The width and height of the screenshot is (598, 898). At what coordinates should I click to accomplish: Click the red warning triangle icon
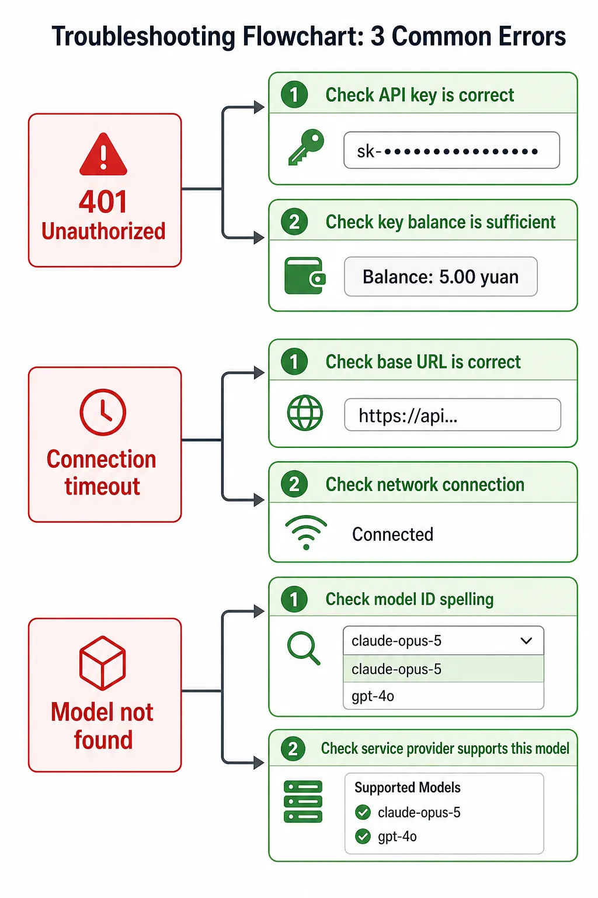point(103,155)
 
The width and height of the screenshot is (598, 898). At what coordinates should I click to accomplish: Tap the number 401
point(103,202)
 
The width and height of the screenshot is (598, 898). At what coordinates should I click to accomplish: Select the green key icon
point(306,147)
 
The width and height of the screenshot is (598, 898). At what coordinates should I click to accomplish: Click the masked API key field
point(451,150)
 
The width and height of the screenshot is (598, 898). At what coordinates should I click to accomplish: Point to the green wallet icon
point(305,276)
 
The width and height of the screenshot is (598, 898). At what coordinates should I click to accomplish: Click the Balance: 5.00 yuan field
point(440,277)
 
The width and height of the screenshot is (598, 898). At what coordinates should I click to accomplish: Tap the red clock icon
point(103,412)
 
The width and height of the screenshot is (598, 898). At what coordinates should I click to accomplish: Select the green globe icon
point(305,413)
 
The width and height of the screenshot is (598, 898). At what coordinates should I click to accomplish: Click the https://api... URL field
point(453,415)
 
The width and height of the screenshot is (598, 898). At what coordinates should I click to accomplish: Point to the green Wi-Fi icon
point(306,533)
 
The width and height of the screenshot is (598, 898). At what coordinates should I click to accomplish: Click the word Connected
point(392,534)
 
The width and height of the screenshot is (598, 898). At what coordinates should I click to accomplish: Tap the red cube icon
point(103,663)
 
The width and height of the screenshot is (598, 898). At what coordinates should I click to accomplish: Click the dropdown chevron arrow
point(526,641)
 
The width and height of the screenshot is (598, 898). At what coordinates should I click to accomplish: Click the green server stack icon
point(303,802)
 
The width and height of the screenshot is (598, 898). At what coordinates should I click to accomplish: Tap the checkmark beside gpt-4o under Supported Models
point(363,837)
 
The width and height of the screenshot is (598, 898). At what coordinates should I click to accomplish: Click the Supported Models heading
point(408,788)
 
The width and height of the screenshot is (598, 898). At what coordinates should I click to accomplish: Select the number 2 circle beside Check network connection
point(294,484)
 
